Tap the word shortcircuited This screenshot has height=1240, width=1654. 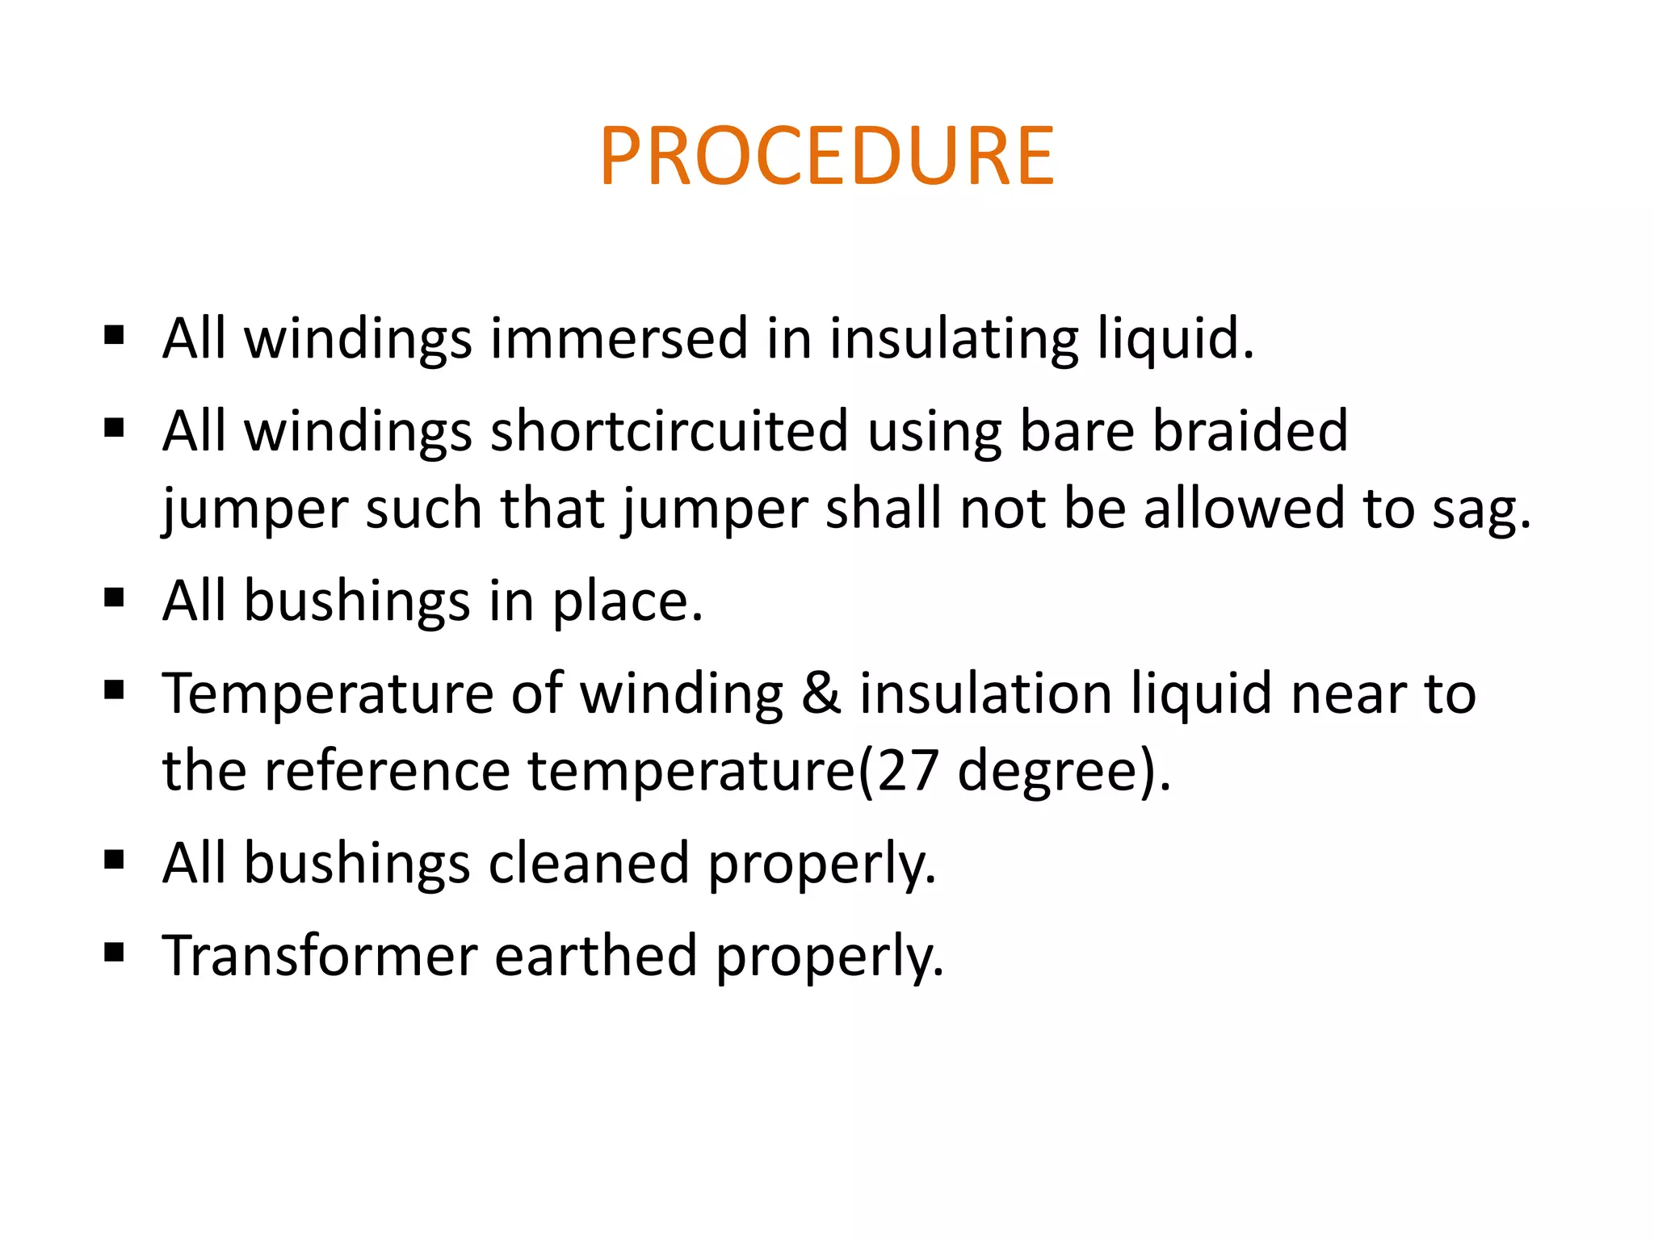click(669, 430)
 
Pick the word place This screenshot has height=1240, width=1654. click(627, 601)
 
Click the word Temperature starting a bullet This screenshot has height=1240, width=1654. click(327, 694)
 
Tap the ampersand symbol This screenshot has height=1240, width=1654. click(821, 694)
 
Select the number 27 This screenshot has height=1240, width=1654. click(908, 771)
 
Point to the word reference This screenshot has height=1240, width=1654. click(387, 771)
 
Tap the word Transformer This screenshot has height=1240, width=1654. click(320, 956)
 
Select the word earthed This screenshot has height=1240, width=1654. click(595, 956)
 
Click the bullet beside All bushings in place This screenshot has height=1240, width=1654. click(114, 598)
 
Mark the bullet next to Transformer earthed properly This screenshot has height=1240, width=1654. click(114, 953)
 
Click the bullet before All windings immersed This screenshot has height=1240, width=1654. click(114, 334)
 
